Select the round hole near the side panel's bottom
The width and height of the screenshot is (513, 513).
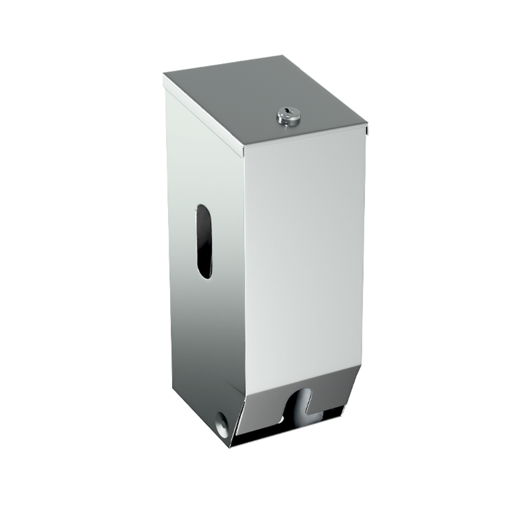pyautogui.click(x=221, y=418)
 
